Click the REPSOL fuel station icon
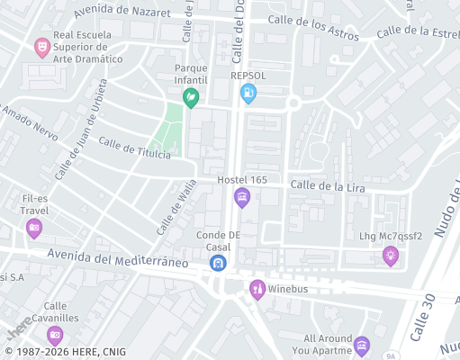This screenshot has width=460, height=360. click(248, 93)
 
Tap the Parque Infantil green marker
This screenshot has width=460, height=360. click(191, 98)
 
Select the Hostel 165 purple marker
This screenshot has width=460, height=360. click(241, 197)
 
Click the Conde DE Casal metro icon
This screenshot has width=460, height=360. click(218, 263)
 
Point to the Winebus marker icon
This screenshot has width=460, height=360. click(257, 288)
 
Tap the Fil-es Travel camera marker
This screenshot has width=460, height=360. click(34, 228)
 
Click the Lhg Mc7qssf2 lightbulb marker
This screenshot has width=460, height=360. click(391, 255)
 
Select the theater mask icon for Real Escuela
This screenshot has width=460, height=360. click(41, 46)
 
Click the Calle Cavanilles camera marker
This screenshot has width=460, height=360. click(55, 336)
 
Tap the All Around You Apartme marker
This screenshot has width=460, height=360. click(362, 345)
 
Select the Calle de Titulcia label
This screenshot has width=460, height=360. click(134, 148)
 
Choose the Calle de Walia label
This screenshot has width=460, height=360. click(176, 207)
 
